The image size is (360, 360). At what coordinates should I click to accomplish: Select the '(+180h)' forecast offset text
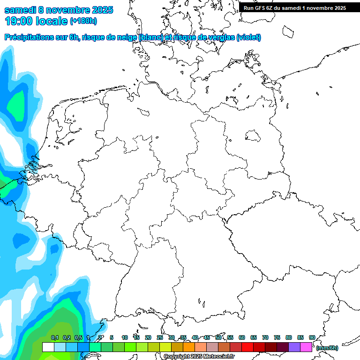[83, 21]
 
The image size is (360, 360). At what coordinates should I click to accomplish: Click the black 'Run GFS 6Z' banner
[295, 7]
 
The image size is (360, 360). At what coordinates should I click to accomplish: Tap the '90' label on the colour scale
[312, 337]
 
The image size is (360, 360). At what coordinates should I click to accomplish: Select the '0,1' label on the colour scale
[55, 337]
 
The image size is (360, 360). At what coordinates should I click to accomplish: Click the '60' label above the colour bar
[242, 337]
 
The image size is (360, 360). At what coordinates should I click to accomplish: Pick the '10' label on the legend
[125, 337]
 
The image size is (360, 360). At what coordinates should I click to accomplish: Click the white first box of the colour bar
[48, 347]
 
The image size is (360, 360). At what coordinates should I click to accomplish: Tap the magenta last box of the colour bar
[306, 347]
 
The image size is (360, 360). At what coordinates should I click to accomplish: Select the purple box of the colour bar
[294, 347]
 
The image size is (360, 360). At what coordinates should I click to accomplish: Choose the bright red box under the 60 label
[247, 347]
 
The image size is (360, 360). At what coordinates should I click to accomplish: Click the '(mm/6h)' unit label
[327, 348]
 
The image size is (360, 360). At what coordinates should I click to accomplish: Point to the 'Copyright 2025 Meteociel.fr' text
[199, 356]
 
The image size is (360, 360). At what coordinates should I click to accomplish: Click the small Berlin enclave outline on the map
[253, 136]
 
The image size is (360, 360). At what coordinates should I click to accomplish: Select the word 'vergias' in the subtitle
[220, 37]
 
